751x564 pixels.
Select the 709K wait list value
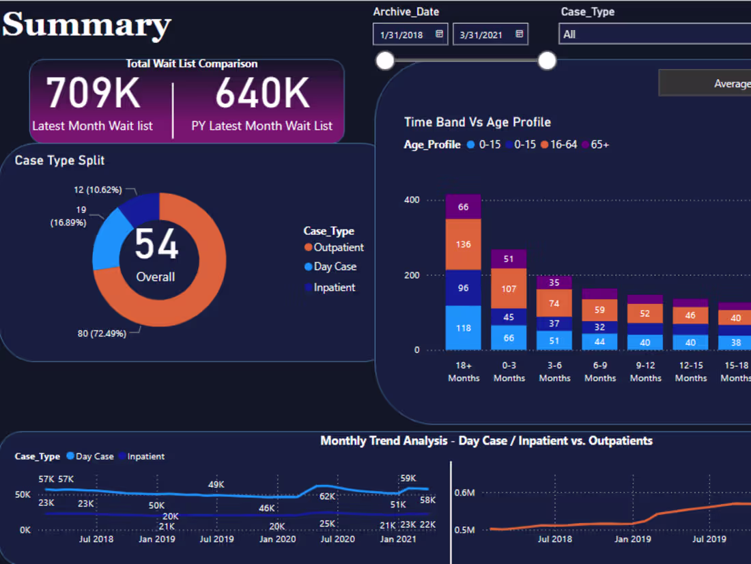[93, 94]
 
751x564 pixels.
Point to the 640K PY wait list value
[262, 94]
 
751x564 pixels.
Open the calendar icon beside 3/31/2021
[520, 33]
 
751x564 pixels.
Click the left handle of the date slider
[385, 61]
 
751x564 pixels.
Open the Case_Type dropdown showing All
[654, 34]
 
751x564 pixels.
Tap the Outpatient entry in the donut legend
[338, 247]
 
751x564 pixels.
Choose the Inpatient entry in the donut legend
[334, 287]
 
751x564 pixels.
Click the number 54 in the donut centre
[156, 244]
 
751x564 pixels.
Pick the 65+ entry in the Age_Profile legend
[599, 145]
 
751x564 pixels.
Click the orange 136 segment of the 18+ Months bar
[464, 244]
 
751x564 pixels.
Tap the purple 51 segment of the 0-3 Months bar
[509, 259]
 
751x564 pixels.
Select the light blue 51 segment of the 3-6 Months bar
[554, 341]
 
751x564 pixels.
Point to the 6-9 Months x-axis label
[600, 371]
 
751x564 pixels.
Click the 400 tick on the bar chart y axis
[412, 200]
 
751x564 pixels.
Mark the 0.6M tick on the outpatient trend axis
[464, 492]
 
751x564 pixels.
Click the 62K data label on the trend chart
[328, 496]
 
